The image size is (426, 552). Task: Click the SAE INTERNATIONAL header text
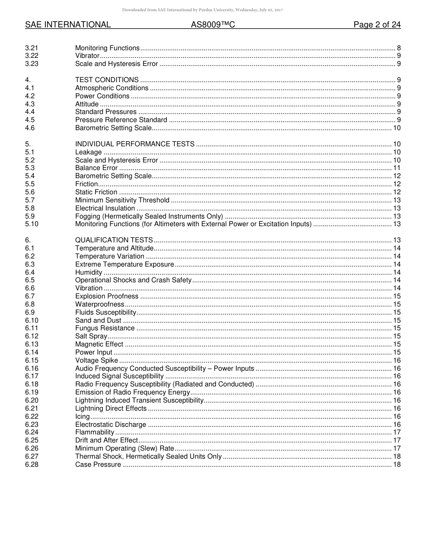pyautogui.click(x=68, y=25)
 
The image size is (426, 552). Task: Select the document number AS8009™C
pyautogui.click(x=213, y=25)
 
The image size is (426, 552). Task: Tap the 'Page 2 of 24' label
pyautogui.click(x=377, y=25)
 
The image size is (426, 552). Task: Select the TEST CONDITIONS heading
pyautogui.click(x=107, y=80)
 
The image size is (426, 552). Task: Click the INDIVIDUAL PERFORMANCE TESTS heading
pyautogui.click(x=135, y=144)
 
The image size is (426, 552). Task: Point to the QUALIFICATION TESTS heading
pyautogui.click(x=114, y=240)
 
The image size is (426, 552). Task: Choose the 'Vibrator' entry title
pyautogui.click(x=87, y=56)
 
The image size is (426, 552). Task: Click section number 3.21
pyautogui.click(x=32, y=48)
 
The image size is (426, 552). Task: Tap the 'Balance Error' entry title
pyautogui.click(x=96, y=168)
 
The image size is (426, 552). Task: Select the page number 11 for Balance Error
pyautogui.click(x=396, y=168)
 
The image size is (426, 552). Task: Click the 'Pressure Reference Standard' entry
pyautogui.click(x=121, y=120)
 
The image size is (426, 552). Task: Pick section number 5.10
pyautogui.click(x=32, y=224)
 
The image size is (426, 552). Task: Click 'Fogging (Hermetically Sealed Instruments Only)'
pyautogui.click(x=149, y=216)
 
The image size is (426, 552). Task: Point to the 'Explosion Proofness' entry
pyautogui.click(x=107, y=296)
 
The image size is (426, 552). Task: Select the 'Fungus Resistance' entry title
pyautogui.click(x=105, y=328)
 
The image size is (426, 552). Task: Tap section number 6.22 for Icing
pyautogui.click(x=32, y=416)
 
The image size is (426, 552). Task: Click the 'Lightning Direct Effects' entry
pyautogui.click(x=111, y=408)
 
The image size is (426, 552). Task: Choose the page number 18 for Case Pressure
pyautogui.click(x=396, y=464)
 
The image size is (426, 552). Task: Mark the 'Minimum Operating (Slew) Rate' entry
pyautogui.click(x=124, y=448)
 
